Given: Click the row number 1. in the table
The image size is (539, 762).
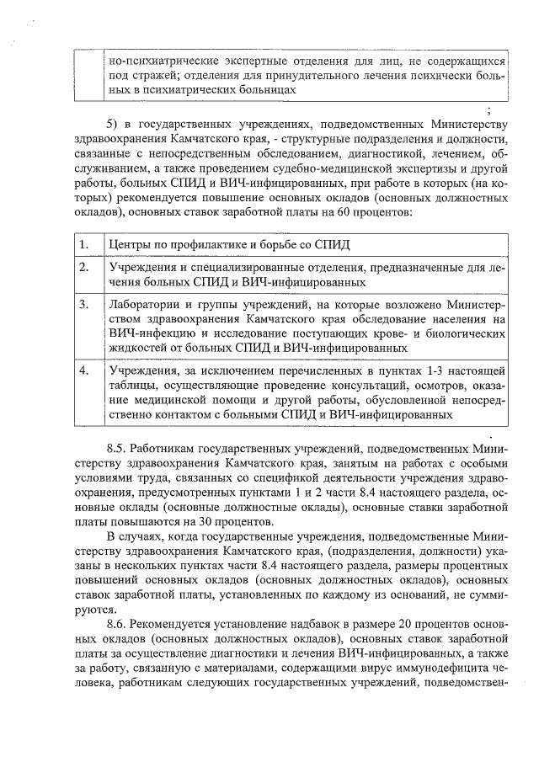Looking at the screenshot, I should coord(83,244).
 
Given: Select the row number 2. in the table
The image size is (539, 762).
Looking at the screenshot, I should coord(83,267).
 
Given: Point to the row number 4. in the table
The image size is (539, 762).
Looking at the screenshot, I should coord(83,370).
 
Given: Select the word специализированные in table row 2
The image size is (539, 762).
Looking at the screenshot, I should coord(232,267).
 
